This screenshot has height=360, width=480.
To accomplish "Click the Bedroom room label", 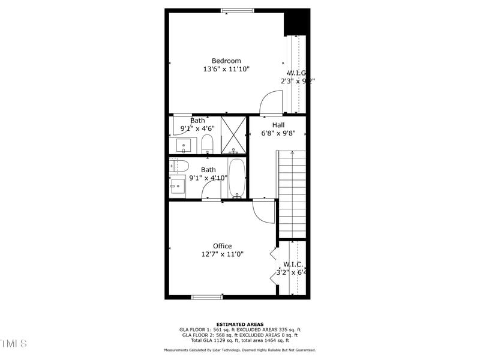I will pos(226,61).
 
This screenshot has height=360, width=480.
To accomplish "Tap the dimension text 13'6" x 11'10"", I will pos(226,70).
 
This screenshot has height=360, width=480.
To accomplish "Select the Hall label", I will pos(278,125).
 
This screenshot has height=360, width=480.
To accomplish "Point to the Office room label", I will pos(222,246).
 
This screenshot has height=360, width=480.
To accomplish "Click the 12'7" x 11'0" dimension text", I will pos(222,254).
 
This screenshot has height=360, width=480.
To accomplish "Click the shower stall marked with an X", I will pos(233,135).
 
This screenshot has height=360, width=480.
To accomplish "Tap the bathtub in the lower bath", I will pos(237,178).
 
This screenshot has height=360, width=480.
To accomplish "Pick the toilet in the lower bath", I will pos(179,166).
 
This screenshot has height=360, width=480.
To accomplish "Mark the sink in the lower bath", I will pos(178,187).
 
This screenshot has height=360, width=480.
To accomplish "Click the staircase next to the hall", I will pos(292,193).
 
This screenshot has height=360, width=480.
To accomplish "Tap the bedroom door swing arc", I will pos(271,101).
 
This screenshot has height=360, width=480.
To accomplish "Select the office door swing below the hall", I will pos(263,212).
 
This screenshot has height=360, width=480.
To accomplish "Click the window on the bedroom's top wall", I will pos(237,10).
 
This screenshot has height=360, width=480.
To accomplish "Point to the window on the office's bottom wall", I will pos(207,297).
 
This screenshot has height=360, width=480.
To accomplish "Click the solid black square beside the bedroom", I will pos(296,23).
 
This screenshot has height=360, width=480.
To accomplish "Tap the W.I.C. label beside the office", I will pos(293,264).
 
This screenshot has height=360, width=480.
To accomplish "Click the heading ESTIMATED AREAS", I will pos(240,325).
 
